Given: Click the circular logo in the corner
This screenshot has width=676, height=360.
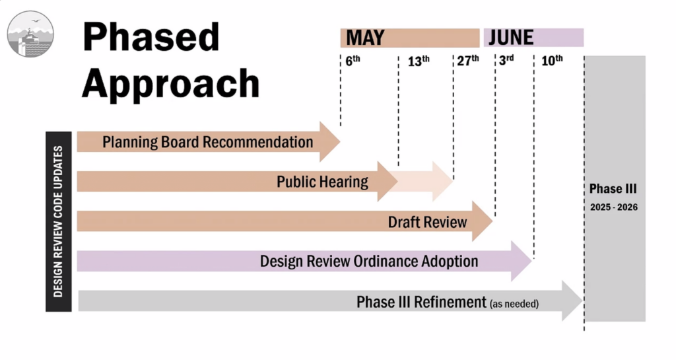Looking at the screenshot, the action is [x=30, y=34].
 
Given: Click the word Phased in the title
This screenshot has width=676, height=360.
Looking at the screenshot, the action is [x=151, y=37].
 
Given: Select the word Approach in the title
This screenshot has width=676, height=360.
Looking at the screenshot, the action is [x=171, y=84].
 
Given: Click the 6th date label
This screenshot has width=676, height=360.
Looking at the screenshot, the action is [x=353, y=61].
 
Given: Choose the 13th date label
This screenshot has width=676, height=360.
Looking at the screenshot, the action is [x=419, y=61].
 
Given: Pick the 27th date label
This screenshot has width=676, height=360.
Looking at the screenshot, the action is [x=468, y=60].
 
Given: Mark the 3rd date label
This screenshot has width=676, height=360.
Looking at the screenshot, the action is [x=506, y=60].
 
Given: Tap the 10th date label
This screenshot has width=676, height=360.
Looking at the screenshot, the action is [x=552, y=60].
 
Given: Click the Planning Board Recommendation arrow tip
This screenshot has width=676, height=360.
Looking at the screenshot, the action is [x=340, y=141].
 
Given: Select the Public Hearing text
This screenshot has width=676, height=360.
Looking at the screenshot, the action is [x=322, y=182].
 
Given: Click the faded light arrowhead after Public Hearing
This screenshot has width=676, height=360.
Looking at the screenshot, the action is [x=443, y=182].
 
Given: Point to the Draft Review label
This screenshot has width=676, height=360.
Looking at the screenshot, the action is [x=427, y=222].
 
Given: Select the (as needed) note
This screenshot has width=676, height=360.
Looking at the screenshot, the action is [x=514, y=304].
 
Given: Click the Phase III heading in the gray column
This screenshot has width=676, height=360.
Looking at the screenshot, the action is [x=613, y=189].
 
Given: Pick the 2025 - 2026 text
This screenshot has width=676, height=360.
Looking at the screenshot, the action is [x=614, y=207].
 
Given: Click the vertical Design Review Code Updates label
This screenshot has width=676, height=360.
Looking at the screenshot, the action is [x=58, y=221].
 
